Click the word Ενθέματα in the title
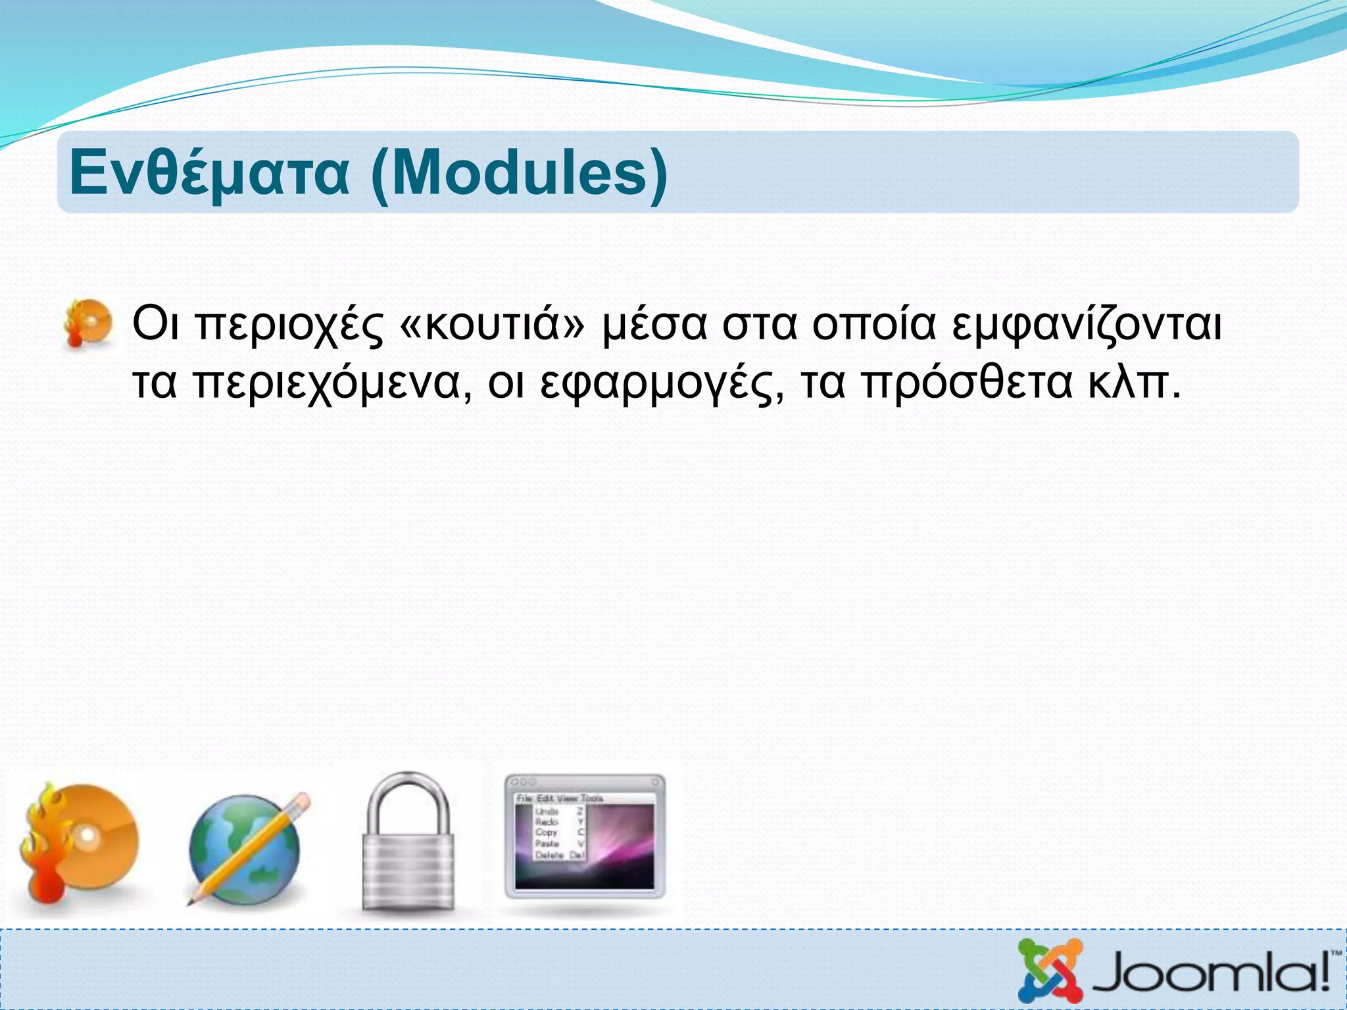click(x=209, y=173)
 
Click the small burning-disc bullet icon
click(x=89, y=324)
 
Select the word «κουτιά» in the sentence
click(x=491, y=324)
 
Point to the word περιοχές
click(x=289, y=325)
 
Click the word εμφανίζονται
click(x=1087, y=325)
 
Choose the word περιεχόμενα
click(x=333, y=383)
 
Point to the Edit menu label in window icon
click(x=546, y=798)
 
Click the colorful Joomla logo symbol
click(x=1050, y=971)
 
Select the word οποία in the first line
click(x=873, y=324)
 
